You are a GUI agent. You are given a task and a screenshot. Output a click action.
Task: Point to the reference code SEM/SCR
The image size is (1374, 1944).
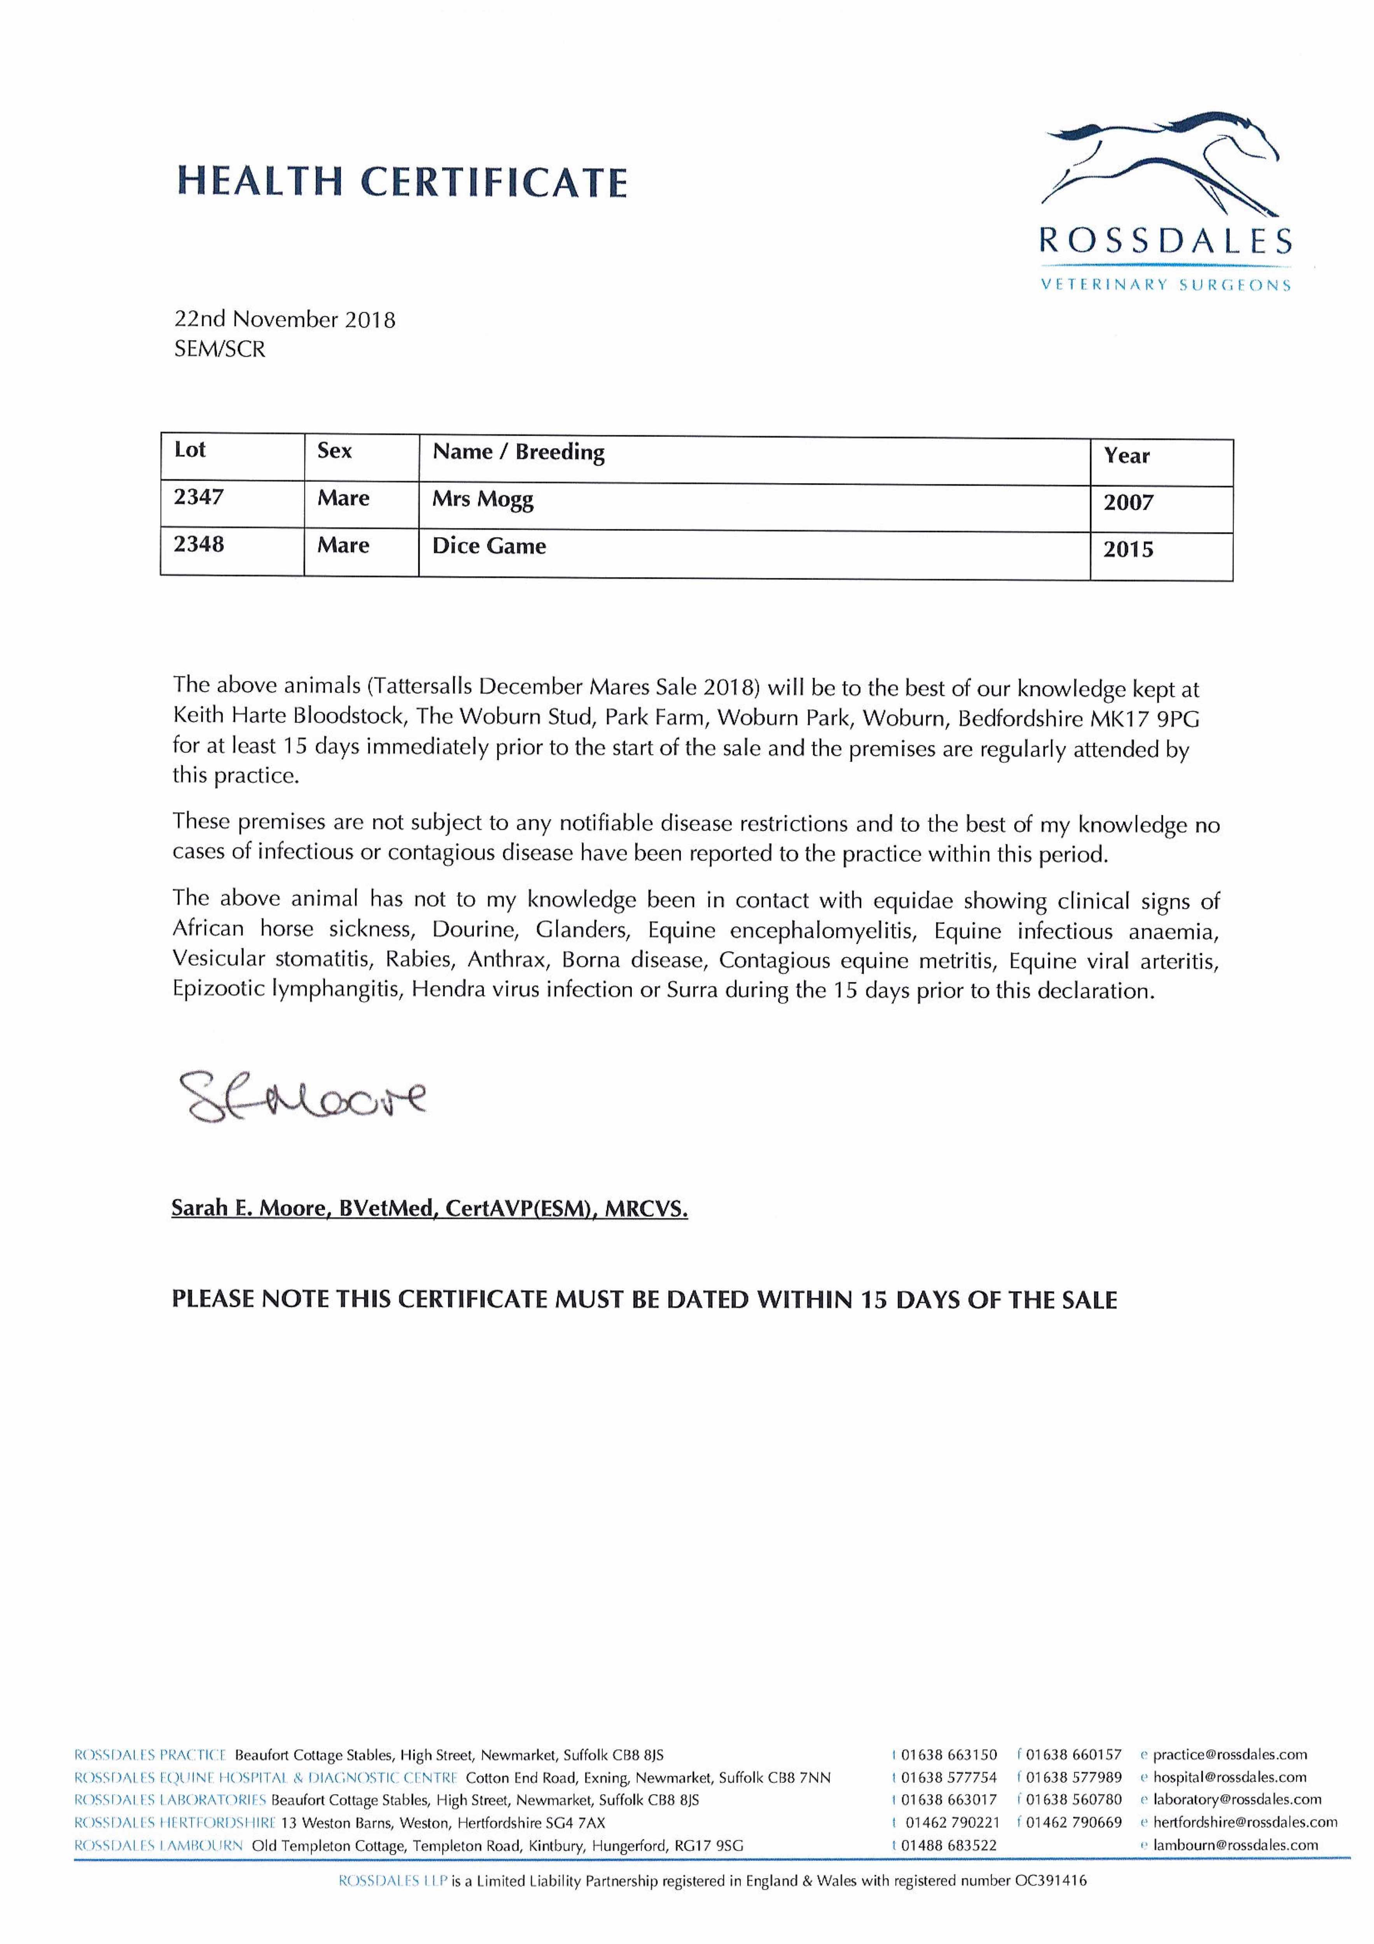(219, 349)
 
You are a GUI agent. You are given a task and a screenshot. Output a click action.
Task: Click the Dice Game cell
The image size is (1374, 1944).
(488, 546)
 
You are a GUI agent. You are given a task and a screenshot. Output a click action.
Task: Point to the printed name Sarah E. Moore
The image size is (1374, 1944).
(249, 1208)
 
